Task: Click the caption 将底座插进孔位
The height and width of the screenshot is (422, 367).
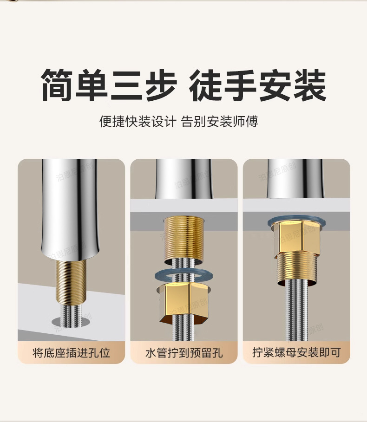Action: [x=71, y=352]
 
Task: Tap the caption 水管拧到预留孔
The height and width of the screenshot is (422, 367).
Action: [x=184, y=352]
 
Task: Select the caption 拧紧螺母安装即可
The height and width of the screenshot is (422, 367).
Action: [x=296, y=352]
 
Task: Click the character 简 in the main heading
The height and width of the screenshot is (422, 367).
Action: [x=57, y=85]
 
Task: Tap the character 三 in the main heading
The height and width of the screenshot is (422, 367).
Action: [x=126, y=85]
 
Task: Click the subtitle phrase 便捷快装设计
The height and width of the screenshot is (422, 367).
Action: [x=138, y=121]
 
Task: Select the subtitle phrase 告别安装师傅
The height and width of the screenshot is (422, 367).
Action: [x=219, y=121]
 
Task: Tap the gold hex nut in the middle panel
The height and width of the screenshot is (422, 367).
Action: [x=184, y=303]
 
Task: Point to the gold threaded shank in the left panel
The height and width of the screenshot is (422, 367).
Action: [x=71, y=282]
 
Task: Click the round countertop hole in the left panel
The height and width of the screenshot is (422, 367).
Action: [x=71, y=322]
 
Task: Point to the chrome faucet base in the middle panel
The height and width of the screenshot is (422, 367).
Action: [x=183, y=179]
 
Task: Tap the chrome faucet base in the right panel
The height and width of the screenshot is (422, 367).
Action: [x=295, y=179]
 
